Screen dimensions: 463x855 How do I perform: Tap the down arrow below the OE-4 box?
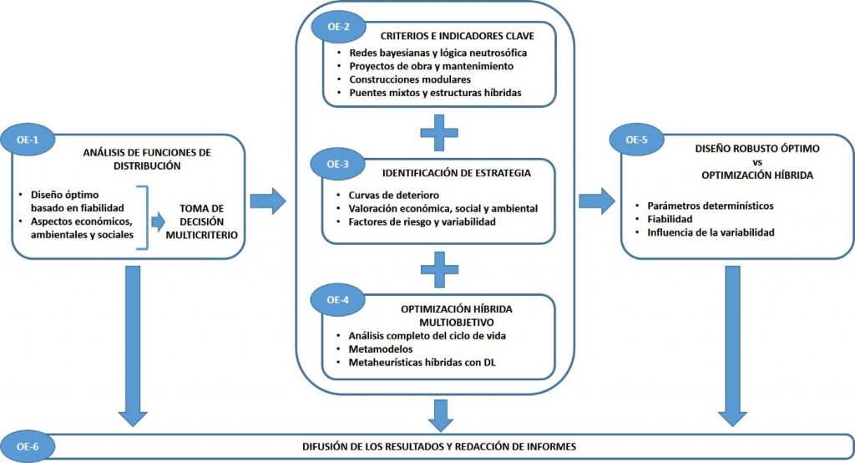(x=439, y=412)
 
